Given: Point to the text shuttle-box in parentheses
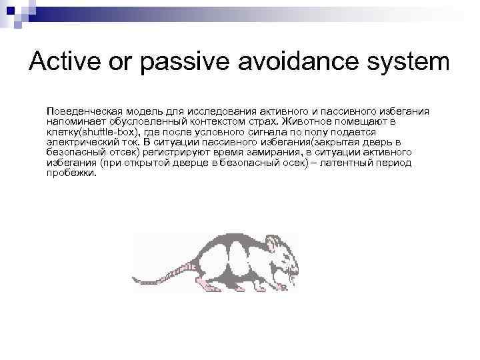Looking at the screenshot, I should point(111,132).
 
